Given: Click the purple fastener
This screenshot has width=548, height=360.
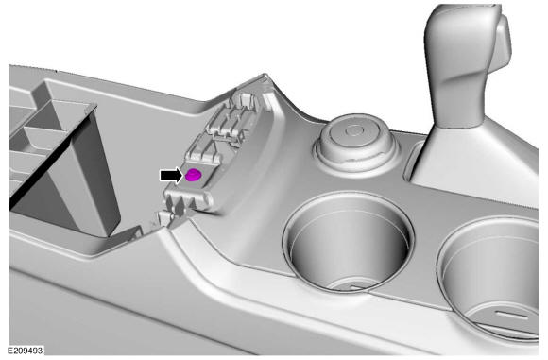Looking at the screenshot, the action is [193, 175].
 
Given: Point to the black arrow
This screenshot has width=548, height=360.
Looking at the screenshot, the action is [171, 175].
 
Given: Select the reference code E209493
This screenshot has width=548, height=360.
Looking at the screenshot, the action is [26, 351].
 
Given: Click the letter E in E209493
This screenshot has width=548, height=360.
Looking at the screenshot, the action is [10, 351].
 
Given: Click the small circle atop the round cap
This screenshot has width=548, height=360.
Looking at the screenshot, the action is [354, 131].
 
